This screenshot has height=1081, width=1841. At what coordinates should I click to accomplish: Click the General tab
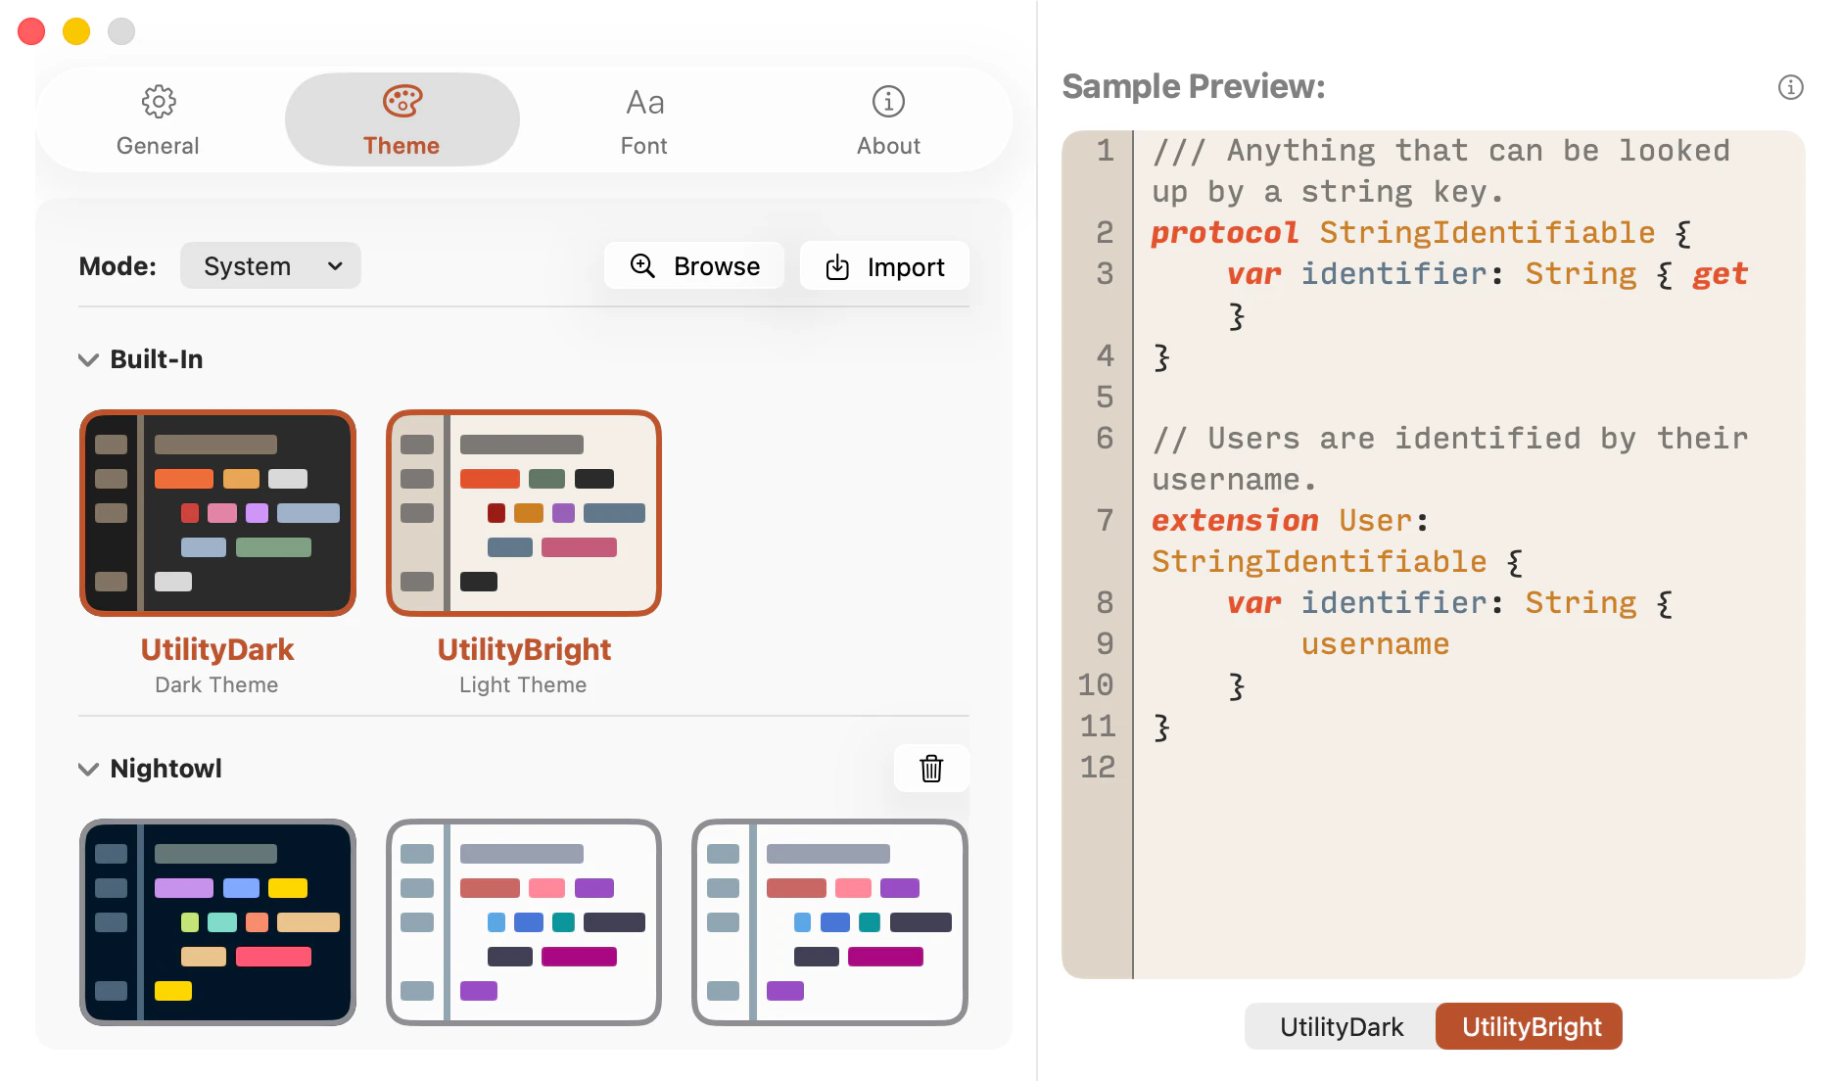coord(158,120)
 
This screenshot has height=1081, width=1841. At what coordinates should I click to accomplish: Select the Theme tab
coord(401,120)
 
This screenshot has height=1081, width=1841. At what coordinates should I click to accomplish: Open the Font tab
coord(644,120)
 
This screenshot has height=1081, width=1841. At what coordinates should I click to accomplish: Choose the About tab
coord(888,120)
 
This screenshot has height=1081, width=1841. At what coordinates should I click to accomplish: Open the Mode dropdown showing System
coord(270,266)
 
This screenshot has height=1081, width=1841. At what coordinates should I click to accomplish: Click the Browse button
coord(694,266)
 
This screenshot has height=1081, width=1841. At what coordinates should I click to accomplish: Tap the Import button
coord(884,266)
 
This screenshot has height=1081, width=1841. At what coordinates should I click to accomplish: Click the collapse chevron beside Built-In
coord(88,360)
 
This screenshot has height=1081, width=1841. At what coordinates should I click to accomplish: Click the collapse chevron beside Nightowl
coord(88,770)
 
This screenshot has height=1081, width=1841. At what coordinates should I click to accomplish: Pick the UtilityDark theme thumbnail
coord(217,513)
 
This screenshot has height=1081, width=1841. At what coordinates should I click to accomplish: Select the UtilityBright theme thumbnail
coord(524,513)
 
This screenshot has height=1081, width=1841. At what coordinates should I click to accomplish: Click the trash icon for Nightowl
coord(931,769)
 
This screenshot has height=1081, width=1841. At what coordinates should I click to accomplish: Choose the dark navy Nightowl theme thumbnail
coord(217,922)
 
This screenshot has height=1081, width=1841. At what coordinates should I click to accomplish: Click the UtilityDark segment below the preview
coord(1341,1027)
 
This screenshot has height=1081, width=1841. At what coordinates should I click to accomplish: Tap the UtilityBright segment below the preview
coord(1531,1027)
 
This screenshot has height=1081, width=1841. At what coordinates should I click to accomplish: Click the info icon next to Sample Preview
coord(1791,87)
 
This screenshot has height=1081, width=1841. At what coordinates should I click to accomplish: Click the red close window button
coord(31,31)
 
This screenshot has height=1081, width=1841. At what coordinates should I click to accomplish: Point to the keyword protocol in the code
coord(1224,233)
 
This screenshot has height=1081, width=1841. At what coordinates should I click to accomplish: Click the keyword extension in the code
coord(1235,521)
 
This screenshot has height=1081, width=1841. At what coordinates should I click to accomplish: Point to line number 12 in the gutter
coord(1097,767)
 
